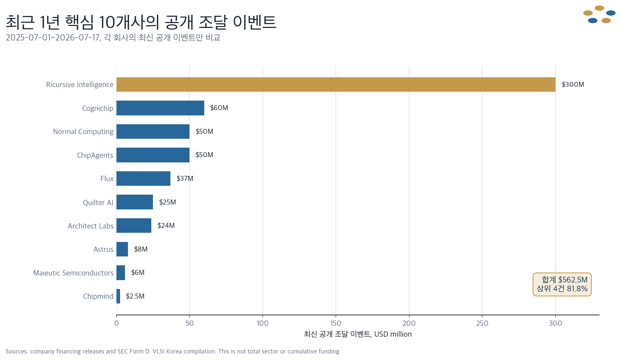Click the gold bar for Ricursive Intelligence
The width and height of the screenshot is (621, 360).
336,84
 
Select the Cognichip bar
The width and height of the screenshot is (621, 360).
160,108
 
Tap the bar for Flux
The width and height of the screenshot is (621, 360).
143,179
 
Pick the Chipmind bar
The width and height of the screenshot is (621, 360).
118,296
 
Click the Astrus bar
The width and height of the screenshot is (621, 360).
122,249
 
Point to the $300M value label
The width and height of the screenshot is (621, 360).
573,84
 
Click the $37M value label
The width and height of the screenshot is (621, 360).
185,179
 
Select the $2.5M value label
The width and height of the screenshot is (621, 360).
135,296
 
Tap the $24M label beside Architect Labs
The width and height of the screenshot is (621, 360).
166,226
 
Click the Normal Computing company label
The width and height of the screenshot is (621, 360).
83,132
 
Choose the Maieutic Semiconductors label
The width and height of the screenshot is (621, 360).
73,273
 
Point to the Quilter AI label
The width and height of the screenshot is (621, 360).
98,203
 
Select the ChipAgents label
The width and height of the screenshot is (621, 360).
95,155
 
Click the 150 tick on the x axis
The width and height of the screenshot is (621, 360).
336,323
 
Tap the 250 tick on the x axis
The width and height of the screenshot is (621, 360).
482,323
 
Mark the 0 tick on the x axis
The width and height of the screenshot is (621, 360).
116,323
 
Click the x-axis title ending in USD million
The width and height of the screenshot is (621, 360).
358,334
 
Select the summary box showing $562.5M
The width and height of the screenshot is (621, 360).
562,284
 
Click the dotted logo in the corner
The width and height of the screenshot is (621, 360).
599,14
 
